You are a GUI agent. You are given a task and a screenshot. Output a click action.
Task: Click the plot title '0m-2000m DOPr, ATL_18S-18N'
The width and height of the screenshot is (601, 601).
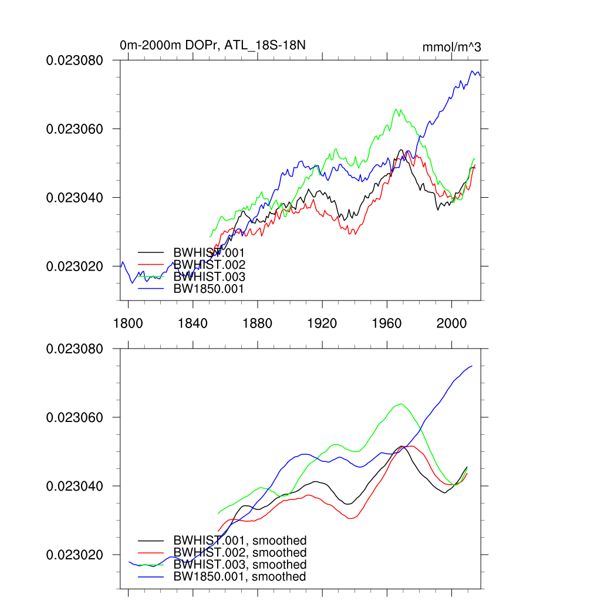coord(212,45)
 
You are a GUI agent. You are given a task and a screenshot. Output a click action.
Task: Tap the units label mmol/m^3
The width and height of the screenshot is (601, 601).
coord(451,47)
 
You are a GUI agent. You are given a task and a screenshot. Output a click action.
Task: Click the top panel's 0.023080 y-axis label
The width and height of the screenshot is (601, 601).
coord(75,60)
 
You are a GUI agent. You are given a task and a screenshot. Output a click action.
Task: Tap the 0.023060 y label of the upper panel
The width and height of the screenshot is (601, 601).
coord(75,129)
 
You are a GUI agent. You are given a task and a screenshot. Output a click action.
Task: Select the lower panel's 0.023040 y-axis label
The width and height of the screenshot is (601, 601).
coord(75,487)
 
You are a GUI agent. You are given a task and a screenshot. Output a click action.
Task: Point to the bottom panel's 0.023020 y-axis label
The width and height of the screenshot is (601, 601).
coord(75,555)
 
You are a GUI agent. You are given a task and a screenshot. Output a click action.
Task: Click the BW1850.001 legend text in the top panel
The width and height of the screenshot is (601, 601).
coord(208,289)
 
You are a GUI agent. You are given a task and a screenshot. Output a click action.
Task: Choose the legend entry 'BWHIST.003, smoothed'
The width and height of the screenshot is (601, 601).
coord(240,565)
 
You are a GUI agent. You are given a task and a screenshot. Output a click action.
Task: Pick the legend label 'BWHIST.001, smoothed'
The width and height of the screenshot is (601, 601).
coord(240,541)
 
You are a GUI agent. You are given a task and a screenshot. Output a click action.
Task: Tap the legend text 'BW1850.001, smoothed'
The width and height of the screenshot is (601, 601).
coord(240,577)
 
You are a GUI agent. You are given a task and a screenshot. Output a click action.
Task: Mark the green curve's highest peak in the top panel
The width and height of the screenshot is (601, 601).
coord(397,109)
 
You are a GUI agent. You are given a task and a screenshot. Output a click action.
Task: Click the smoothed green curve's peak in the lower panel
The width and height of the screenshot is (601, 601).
coord(401,404)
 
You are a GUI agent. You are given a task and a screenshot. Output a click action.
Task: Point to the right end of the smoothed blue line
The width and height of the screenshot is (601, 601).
coord(472,366)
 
